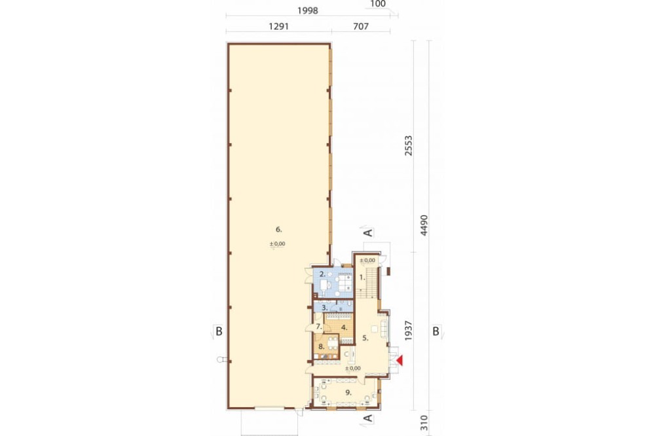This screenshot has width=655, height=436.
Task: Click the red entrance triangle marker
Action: click(x=400, y=361)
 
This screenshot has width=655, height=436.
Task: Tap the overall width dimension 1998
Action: click(x=307, y=11)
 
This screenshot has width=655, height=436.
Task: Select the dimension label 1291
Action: click(x=278, y=27)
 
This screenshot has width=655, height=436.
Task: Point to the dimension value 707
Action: click(x=361, y=27)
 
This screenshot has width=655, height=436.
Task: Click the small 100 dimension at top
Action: click(x=378, y=4)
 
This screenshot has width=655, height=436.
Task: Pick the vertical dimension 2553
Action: click(x=408, y=145)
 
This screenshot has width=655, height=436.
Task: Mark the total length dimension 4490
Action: click(x=424, y=225)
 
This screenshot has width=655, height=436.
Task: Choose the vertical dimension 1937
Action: click(x=408, y=331)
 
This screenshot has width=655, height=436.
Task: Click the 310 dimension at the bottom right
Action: click(x=424, y=423)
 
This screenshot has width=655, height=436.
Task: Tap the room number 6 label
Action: click(x=278, y=229)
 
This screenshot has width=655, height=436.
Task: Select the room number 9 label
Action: click(x=348, y=393)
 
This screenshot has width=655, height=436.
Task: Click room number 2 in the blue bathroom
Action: click(x=322, y=274)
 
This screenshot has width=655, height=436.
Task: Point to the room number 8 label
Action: click(x=321, y=346)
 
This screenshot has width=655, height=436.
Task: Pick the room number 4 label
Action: click(x=344, y=328)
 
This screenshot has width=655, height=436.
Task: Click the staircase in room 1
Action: click(x=369, y=283)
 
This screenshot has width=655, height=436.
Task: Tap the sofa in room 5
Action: click(x=384, y=331)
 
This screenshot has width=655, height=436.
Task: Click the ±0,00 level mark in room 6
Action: click(x=277, y=244)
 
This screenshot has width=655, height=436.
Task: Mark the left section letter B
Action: click(x=219, y=332)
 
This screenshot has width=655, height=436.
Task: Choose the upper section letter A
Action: click(x=367, y=232)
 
